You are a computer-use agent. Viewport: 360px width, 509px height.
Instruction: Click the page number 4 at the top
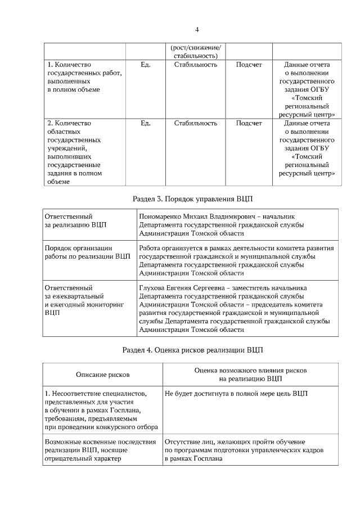coord(197,29)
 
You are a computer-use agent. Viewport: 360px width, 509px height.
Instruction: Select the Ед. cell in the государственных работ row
coord(145,65)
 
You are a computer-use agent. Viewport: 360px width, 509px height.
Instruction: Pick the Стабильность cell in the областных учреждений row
coord(195,123)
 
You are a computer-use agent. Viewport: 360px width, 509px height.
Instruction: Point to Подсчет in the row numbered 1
coord(249,65)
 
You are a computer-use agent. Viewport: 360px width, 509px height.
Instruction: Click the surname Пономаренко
coord(159,216)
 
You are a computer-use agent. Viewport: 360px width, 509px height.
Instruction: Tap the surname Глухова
coord(152,287)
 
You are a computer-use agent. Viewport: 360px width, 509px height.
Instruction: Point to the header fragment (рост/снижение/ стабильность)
coord(195,51)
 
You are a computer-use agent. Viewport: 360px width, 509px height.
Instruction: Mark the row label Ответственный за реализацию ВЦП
coord(75,220)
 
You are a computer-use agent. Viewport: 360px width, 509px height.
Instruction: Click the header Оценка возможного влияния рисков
coord(250,371)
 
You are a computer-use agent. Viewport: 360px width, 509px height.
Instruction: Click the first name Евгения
coord(184,287)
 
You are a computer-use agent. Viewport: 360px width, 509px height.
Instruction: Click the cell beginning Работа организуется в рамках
coord(236,260)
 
